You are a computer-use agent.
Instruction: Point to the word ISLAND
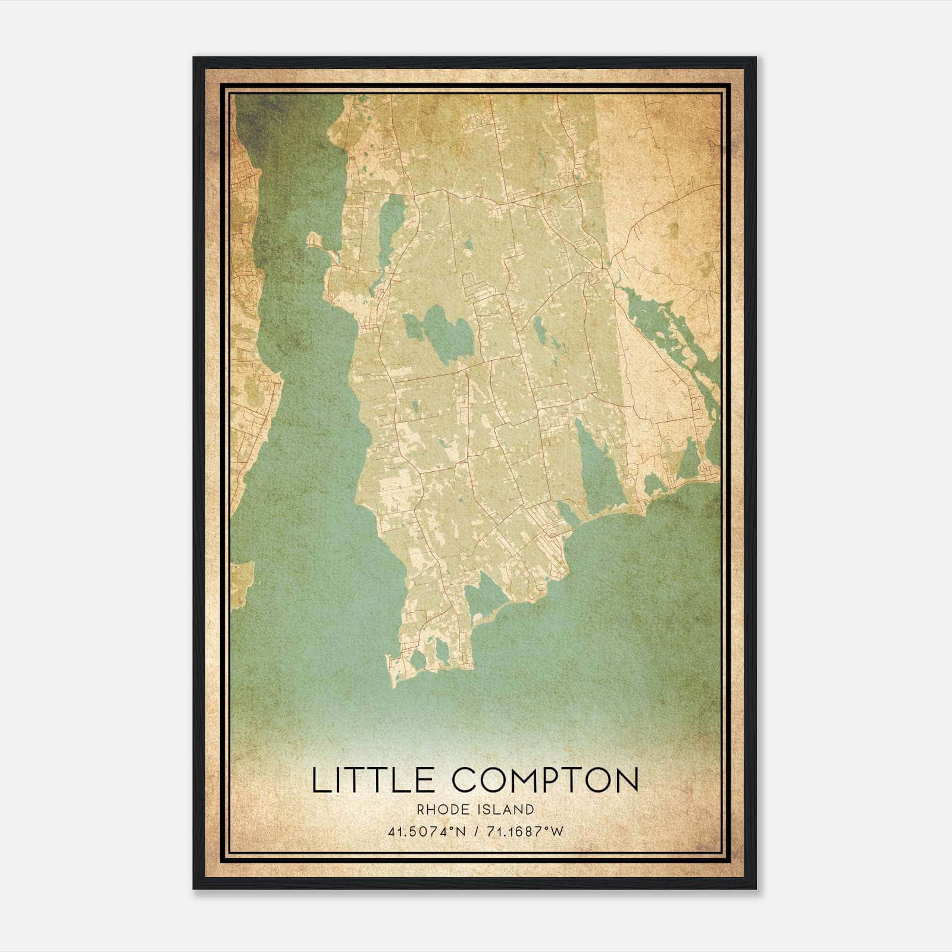coord(506,809)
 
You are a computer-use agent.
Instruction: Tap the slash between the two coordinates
coord(475,832)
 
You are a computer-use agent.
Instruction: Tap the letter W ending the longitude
coord(557,832)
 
